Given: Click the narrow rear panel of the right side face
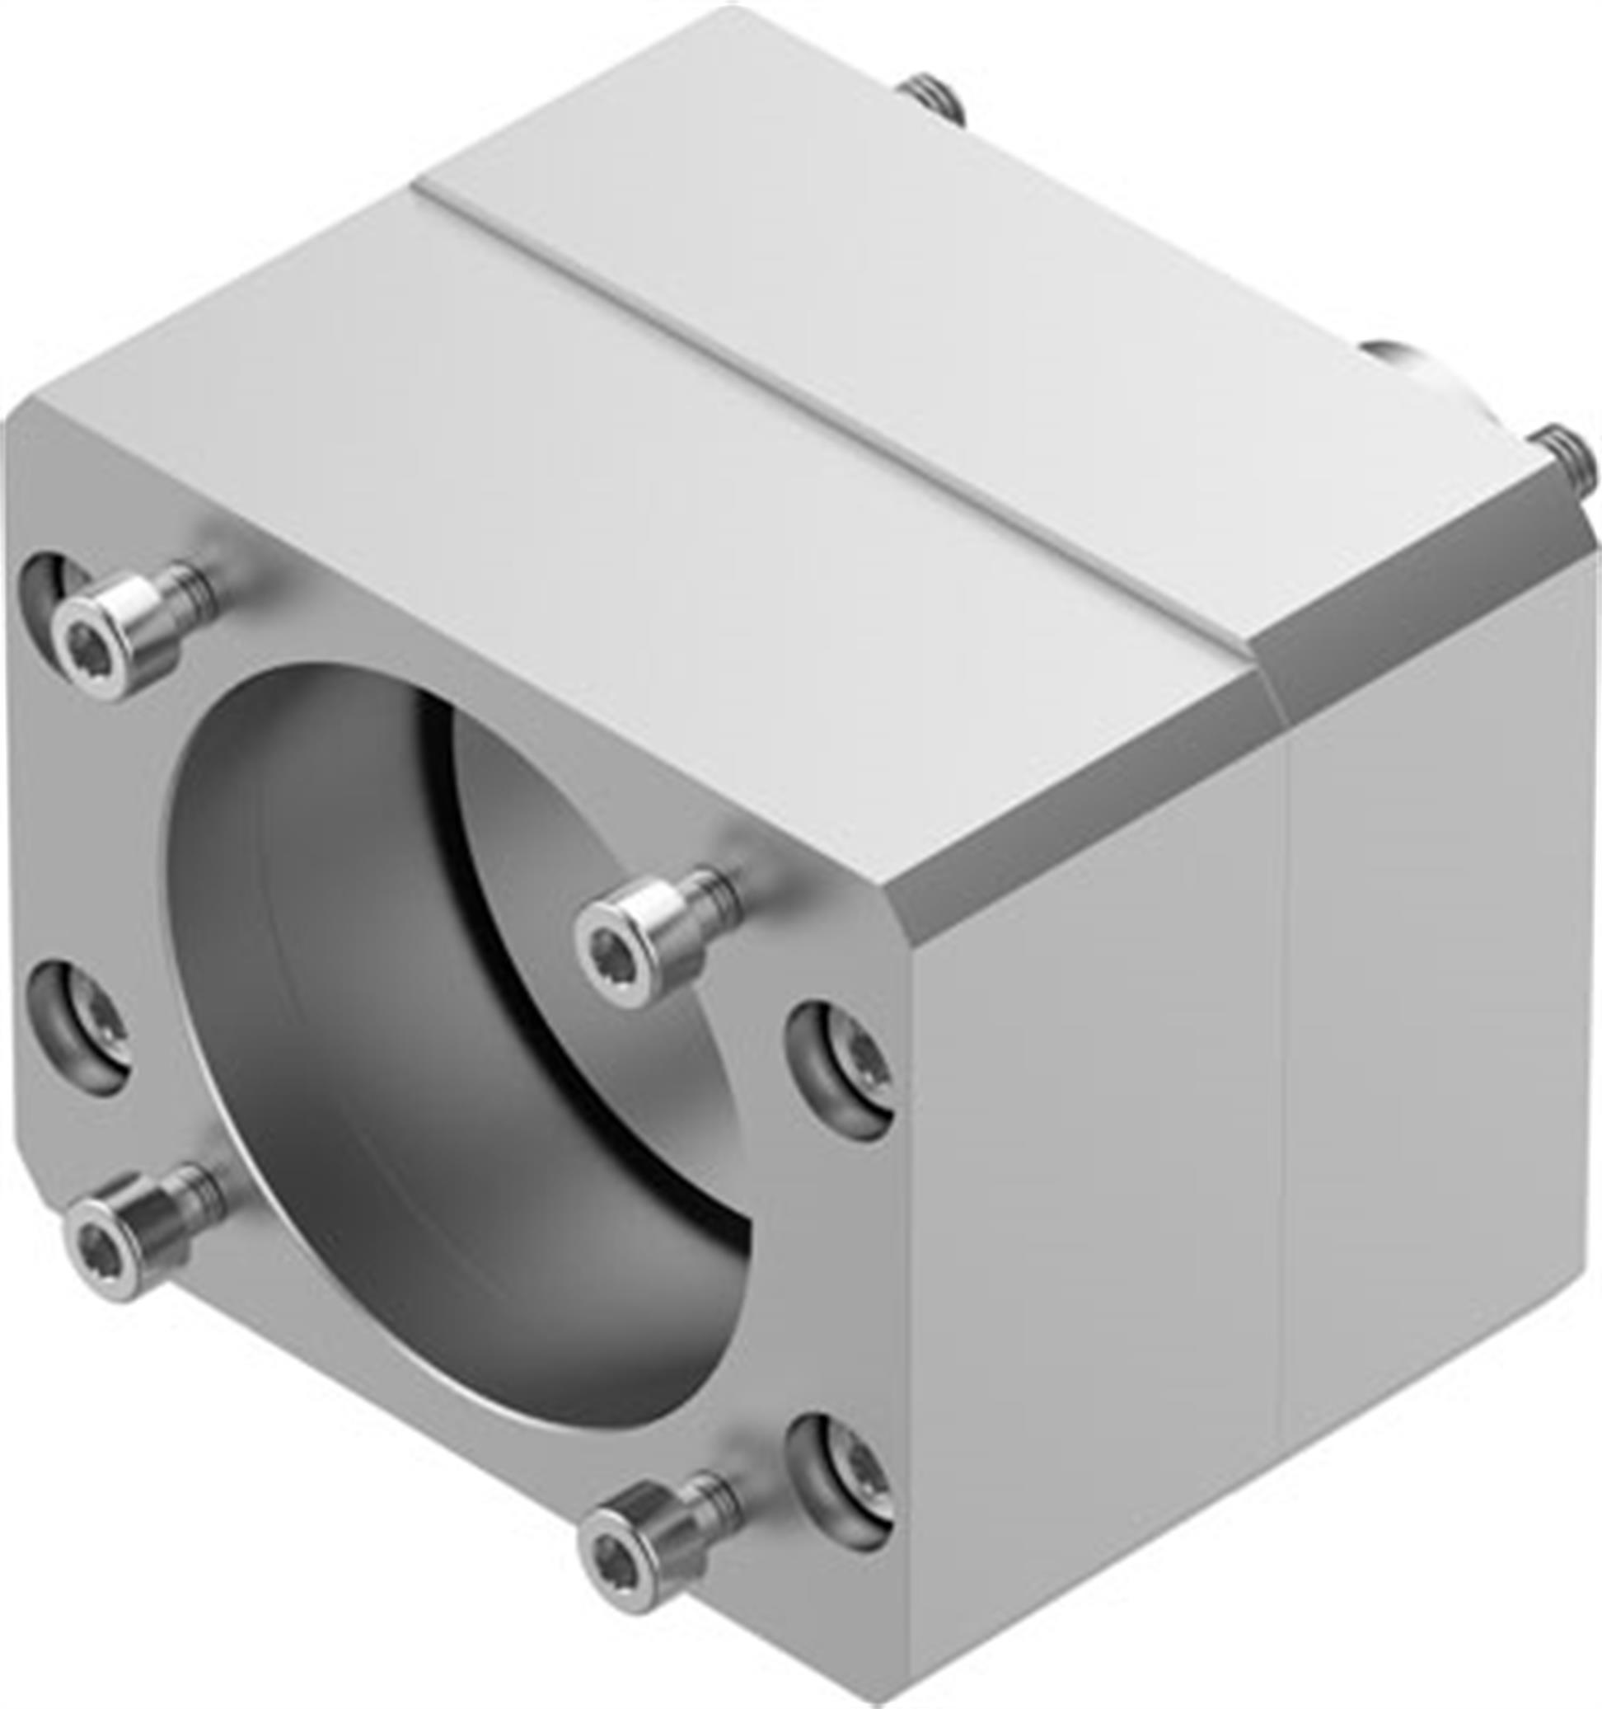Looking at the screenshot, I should coord(1436,1074).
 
